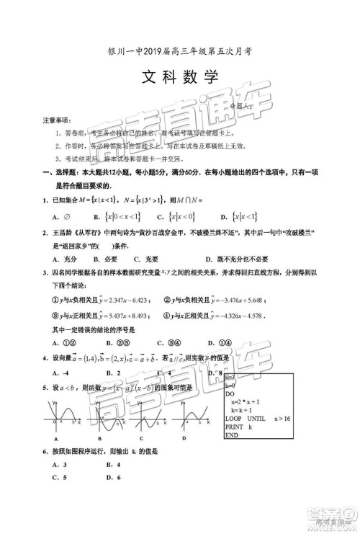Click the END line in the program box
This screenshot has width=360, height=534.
point(232,436)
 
